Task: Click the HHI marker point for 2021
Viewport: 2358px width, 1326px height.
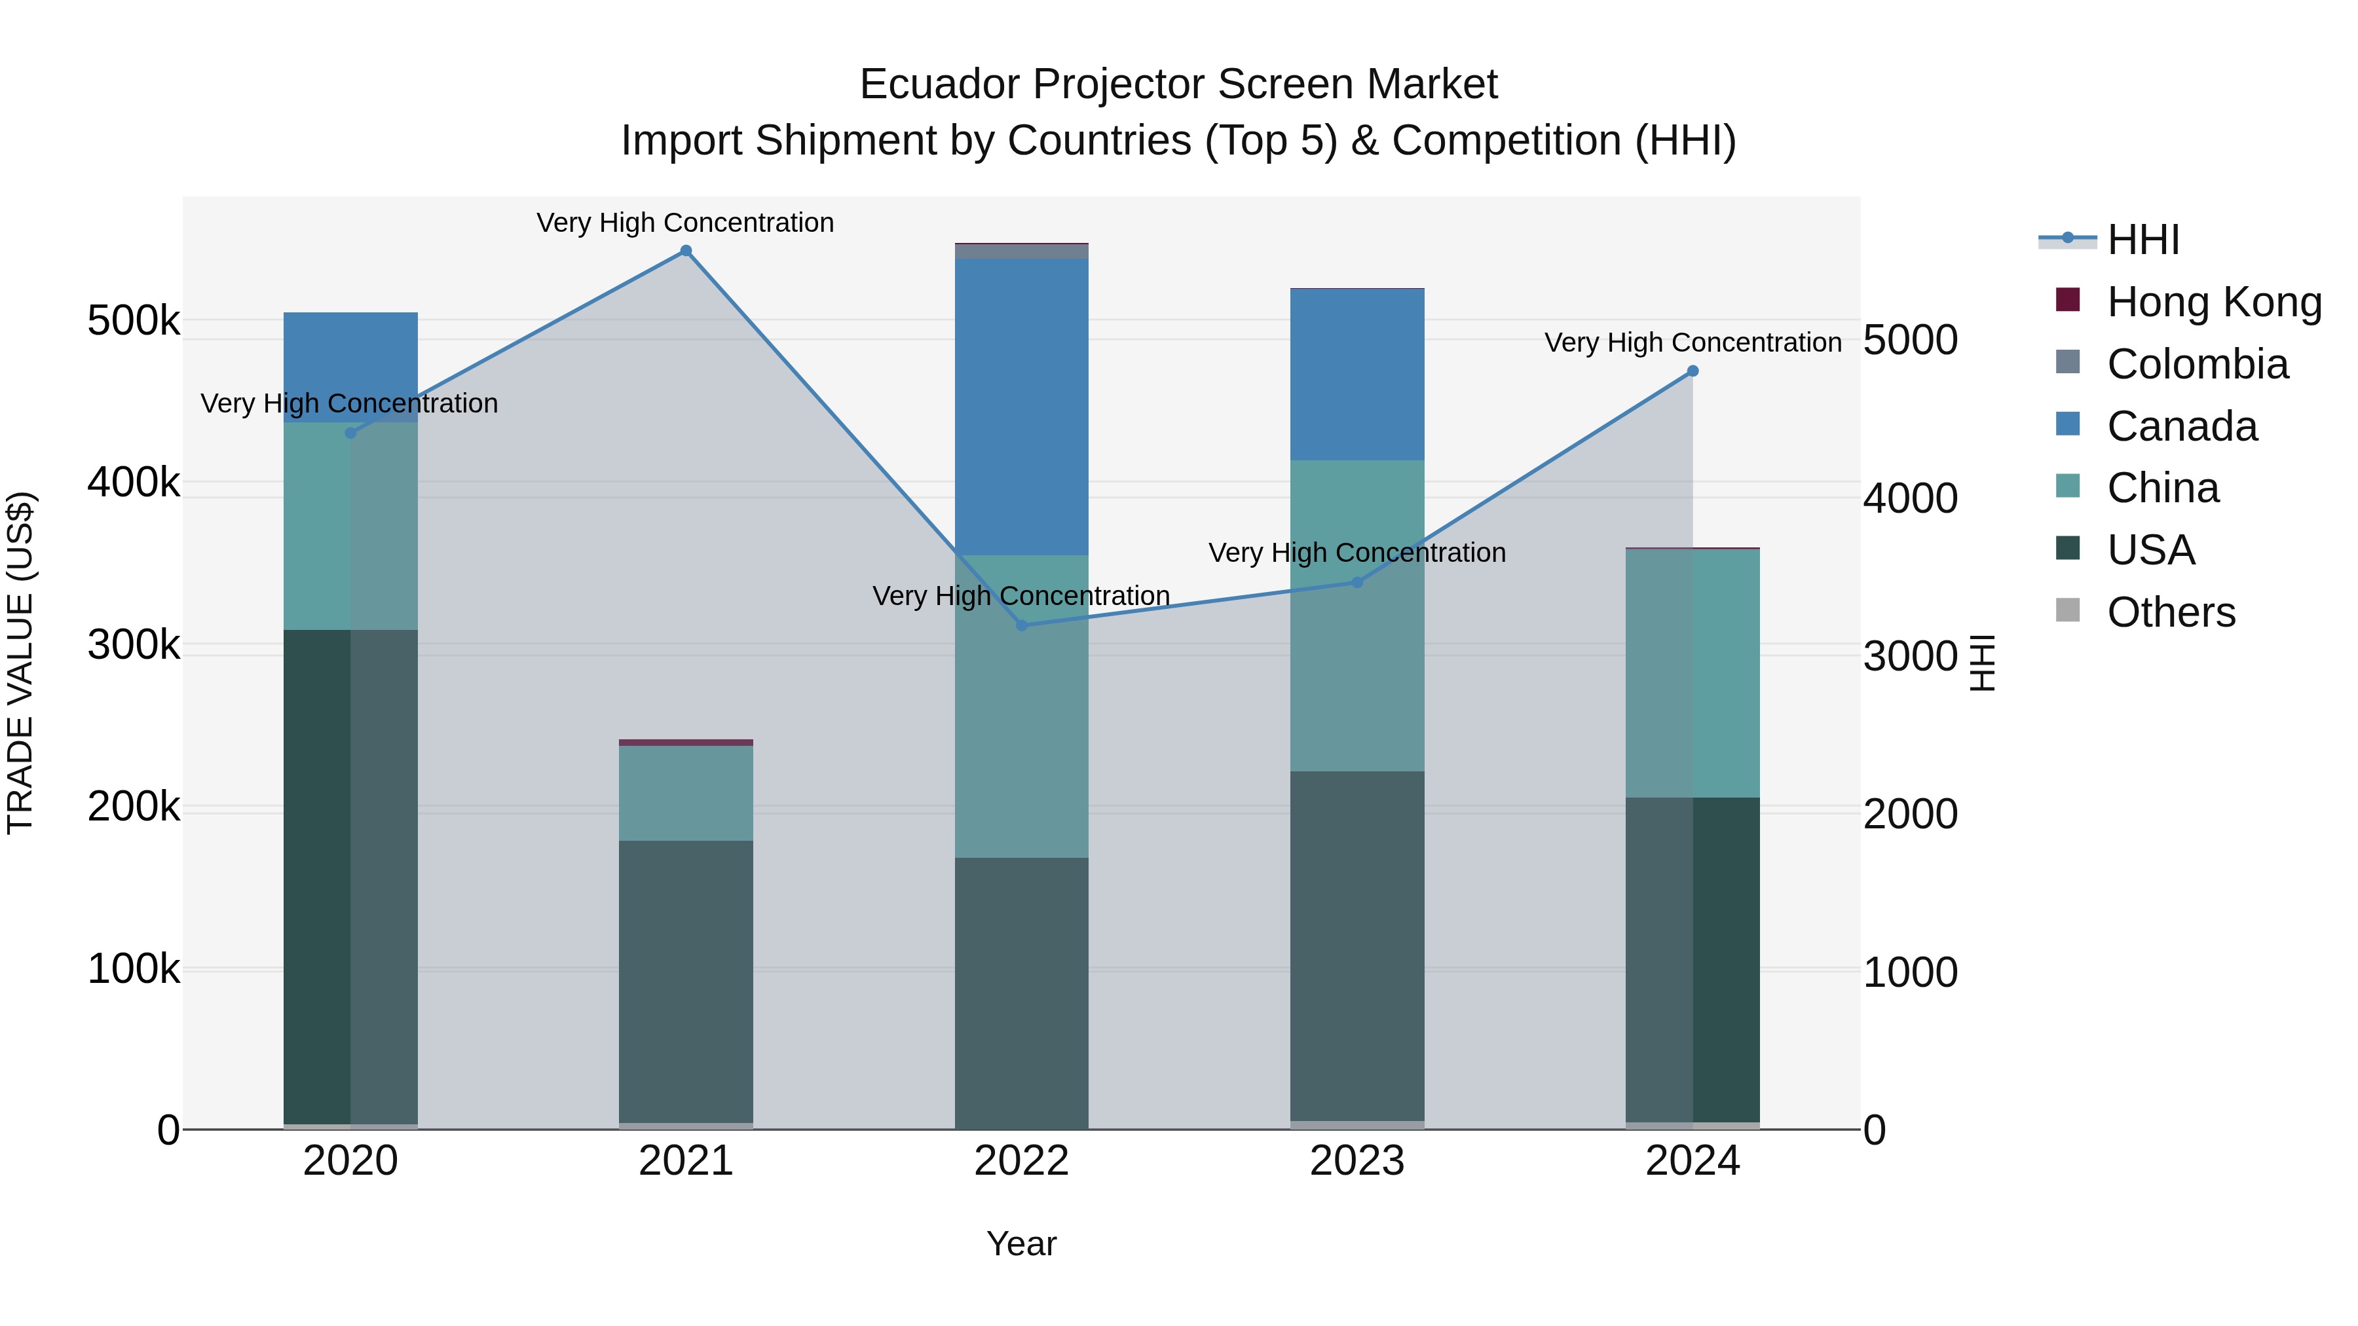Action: (x=686, y=251)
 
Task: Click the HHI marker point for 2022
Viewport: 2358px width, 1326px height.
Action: (x=1022, y=625)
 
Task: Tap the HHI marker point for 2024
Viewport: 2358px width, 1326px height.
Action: (x=1693, y=371)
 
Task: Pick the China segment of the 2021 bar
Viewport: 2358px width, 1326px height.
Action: (x=686, y=792)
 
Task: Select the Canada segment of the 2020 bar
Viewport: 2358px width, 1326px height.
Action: (x=350, y=366)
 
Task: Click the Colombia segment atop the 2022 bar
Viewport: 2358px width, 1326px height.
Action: (x=1022, y=251)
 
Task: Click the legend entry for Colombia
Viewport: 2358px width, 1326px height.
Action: (x=2197, y=364)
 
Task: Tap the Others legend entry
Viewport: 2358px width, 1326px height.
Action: (x=2171, y=612)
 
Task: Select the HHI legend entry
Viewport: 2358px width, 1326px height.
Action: (x=2142, y=240)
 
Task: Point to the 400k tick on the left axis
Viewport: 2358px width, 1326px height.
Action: (x=134, y=482)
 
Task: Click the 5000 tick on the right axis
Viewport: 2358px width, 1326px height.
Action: (x=1911, y=341)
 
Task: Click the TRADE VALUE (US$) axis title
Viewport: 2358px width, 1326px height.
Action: (x=20, y=663)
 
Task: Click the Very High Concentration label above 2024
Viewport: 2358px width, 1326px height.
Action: (x=1693, y=342)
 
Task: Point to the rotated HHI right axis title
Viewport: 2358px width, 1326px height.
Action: (x=1982, y=663)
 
